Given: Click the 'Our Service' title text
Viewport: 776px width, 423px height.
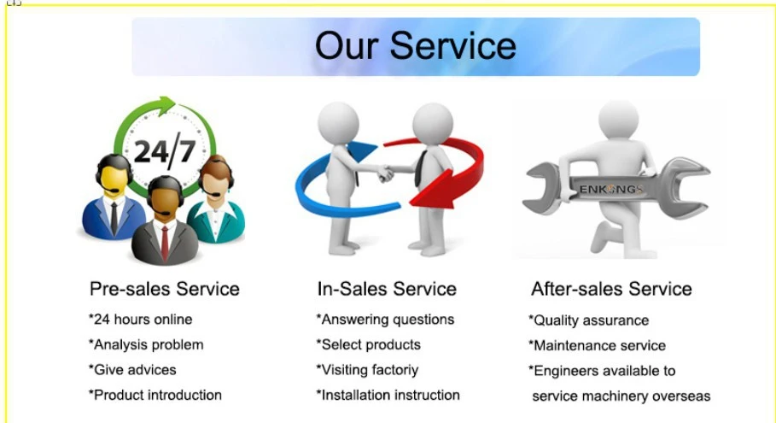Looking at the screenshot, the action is pos(415,45).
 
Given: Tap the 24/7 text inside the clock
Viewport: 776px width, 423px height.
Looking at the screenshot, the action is pos(165,151).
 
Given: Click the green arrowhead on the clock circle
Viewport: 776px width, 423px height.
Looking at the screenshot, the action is pos(166,105).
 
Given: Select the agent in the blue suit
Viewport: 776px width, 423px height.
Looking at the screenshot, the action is pos(114,197).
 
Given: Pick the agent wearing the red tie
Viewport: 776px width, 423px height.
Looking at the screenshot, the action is pos(166,221).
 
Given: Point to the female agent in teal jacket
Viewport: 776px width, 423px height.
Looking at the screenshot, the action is pos(216,200).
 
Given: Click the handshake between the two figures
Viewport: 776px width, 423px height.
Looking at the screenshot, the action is pos(384,173).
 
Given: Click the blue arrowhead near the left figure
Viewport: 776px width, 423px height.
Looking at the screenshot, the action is pos(361,151).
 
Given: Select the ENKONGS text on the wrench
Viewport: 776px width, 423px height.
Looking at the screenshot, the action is pos(611,189).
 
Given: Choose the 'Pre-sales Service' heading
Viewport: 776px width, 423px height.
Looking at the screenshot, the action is pos(164,289).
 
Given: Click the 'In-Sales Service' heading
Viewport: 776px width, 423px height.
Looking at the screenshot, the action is pos(387,289).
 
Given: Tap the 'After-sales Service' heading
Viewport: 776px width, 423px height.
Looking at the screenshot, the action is pos(611,289).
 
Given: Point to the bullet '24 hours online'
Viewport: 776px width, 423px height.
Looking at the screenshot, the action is pos(141,320).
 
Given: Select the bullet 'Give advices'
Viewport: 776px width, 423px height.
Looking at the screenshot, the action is pos(132,370).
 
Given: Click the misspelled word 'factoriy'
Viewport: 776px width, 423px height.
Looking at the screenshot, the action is pos(394,371).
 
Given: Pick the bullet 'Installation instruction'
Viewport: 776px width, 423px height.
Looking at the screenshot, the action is pos(388,396).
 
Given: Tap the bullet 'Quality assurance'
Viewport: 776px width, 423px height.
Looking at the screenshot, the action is pos(589,321).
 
